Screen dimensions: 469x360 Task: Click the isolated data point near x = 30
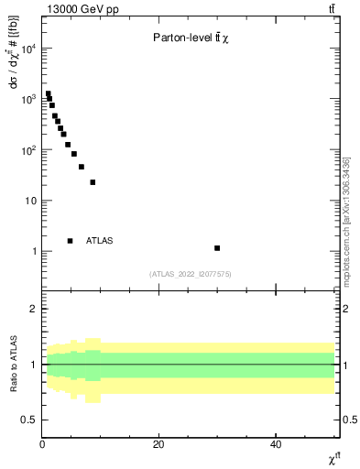[217, 248]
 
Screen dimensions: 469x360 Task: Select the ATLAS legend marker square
[70, 241]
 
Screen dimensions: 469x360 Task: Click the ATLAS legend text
[99, 241]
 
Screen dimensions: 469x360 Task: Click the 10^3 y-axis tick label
[27, 99]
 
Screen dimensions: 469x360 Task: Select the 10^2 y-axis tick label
[27, 149]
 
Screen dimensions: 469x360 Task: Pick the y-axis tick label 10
[30, 201]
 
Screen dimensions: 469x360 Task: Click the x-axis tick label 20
[158, 444]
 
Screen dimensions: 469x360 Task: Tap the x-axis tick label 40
[276, 444]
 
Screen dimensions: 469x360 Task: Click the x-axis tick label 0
[42, 444]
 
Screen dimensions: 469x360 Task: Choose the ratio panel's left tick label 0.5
[29, 420]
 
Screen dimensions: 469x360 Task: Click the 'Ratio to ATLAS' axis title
[12, 365]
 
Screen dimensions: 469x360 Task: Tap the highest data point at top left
[48, 93]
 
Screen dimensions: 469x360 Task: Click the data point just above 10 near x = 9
[93, 182]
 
